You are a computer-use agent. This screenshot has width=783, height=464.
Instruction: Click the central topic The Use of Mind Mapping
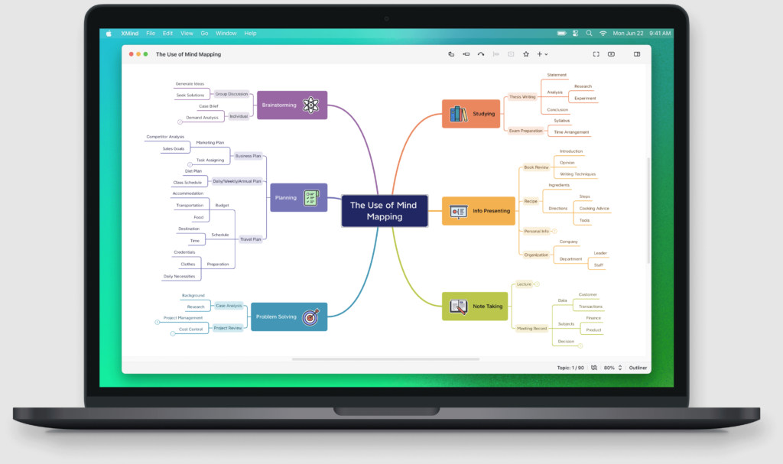384,210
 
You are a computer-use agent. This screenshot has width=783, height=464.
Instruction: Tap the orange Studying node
471,114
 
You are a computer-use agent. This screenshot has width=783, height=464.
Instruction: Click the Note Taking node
476,306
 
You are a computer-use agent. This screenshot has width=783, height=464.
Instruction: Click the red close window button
131,54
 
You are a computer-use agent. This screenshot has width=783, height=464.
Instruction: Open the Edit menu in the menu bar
167,34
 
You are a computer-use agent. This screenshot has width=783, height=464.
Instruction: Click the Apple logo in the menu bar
109,34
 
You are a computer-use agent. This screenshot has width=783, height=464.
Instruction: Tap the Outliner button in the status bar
638,368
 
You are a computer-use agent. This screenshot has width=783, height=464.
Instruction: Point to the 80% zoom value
609,368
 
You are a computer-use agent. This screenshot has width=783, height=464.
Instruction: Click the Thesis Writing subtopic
523,97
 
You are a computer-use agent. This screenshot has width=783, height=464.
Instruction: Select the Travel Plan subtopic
249,239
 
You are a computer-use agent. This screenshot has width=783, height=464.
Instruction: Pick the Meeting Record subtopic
531,329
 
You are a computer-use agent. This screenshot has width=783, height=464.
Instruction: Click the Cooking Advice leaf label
594,209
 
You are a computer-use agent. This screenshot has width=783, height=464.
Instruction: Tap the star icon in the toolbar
526,54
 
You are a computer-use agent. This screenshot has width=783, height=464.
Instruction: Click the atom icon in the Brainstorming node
310,105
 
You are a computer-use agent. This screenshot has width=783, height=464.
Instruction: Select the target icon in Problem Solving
310,316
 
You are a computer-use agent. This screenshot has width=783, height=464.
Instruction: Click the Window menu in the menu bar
226,34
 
